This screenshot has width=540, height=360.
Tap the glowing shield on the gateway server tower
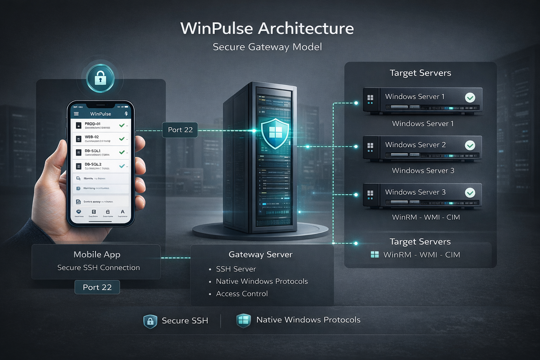(x=275, y=133)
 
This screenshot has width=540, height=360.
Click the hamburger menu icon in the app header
(x=76, y=114)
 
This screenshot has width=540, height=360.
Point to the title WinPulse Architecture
(x=267, y=28)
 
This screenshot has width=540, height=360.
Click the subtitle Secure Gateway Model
(x=267, y=47)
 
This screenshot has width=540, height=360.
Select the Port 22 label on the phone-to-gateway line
(x=180, y=130)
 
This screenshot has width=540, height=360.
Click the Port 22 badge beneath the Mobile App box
(x=97, y=287)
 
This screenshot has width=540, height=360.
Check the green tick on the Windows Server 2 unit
(x=470, y=145)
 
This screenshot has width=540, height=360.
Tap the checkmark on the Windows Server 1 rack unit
(x=470, y=97)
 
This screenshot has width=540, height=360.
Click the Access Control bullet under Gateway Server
(x=242, y=294)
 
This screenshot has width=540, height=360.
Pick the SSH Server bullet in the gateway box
(x=236, y=269)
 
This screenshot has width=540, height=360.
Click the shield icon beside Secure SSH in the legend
(x=150, y=321)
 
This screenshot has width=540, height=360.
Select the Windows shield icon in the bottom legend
(x=243, y=320)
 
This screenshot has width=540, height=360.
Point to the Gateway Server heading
(x=260, y=255)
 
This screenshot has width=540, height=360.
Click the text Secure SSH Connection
(x=98, y=268)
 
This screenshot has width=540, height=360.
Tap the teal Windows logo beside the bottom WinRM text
(x=375, y=255)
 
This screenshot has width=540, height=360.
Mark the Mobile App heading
(x=97, y=255)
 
